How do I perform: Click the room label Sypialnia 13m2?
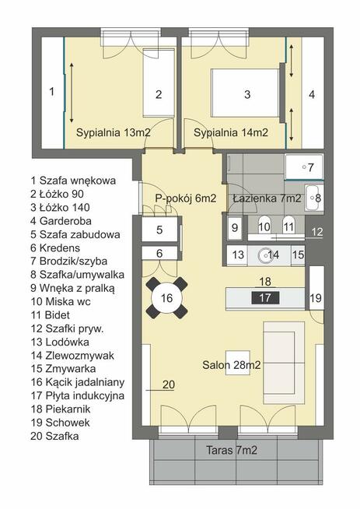[113, 132]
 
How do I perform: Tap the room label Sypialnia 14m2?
[231, 132]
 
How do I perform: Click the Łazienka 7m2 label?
[267, 198]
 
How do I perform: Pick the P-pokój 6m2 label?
[185, 198]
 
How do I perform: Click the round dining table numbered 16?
[166, 298]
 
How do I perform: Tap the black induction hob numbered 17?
[267, 297]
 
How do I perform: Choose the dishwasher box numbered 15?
[297, 254]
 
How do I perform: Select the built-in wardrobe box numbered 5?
[159, 230]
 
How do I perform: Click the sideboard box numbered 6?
[159, 253]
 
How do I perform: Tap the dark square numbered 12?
[316, 231]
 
